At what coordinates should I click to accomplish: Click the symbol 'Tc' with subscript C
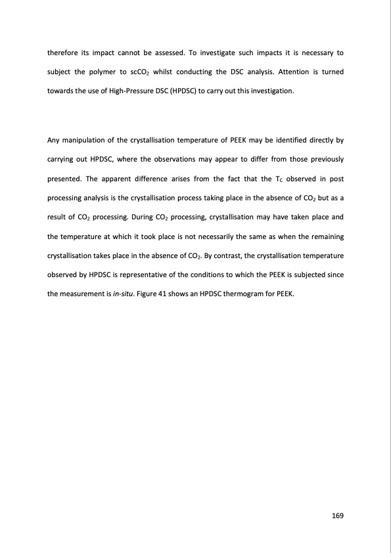281,179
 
